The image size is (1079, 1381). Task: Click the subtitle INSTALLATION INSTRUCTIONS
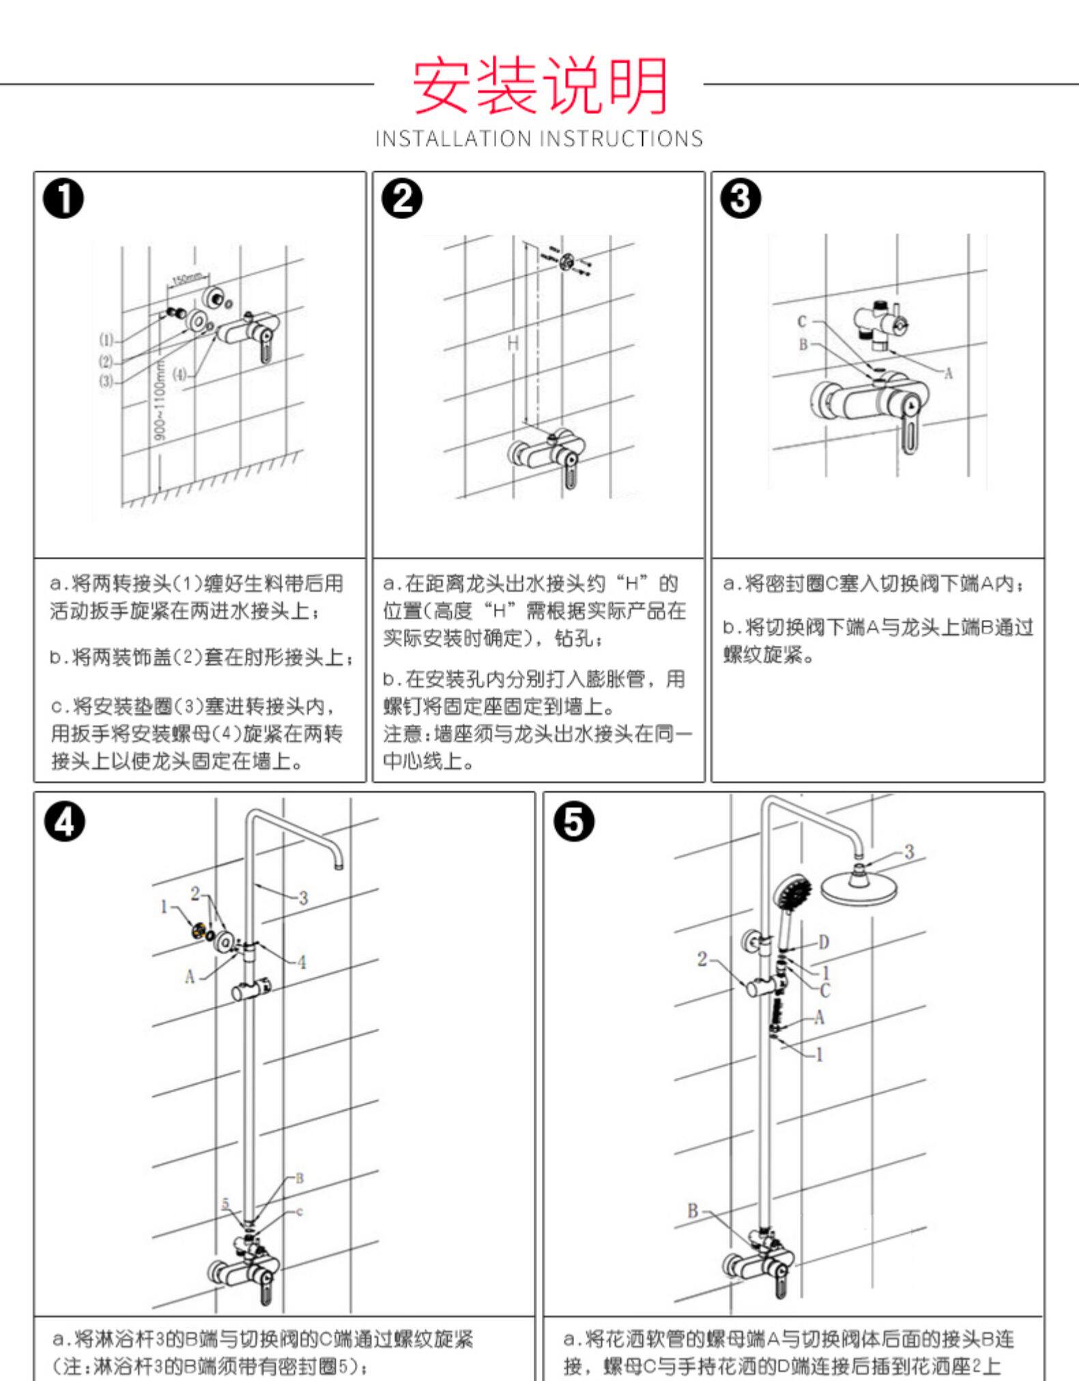pos(539,139)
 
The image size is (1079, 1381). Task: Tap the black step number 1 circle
pos(63,200)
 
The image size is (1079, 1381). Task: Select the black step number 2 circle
pos(402,200)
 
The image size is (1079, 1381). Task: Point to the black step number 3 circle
pos(740,200)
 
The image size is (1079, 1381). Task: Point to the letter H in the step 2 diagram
pos(513,343)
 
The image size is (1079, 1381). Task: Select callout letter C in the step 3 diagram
pos(803,322)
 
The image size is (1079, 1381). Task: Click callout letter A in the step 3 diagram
pos(947,373)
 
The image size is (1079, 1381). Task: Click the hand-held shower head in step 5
pos(792,894)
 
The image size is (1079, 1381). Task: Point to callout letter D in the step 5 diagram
pos(824,943)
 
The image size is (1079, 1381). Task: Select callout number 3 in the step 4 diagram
pos(303,898)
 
